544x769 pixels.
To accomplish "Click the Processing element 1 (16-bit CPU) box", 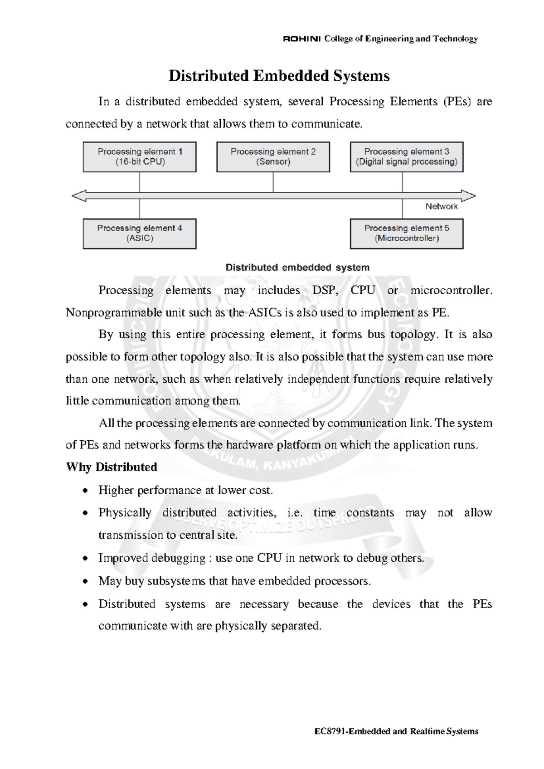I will tap(140, 157).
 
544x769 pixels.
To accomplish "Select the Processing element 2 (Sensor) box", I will tap(273, 157).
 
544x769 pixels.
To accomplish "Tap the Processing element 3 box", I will tap(407, 157).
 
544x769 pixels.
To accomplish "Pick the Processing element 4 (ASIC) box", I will tap(140, 234).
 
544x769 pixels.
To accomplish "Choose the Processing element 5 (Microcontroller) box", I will tap(407, 234).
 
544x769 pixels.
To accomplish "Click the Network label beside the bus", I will tap(441, 206).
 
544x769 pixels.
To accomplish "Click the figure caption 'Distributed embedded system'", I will tap(297, 268).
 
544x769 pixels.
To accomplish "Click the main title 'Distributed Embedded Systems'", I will tap(279, 76).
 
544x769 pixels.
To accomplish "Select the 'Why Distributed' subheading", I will tap(112, 467).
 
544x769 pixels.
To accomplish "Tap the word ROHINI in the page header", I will tap(302, 39).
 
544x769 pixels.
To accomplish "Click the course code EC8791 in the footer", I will tap(330, 731).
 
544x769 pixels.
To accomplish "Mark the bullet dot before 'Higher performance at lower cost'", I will tap(85, 491).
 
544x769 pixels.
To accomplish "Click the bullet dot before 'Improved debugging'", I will tap(85, 559).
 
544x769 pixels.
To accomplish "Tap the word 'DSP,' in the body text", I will tap(325, 290).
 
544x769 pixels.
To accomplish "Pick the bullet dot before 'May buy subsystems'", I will tap(85, 582).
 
